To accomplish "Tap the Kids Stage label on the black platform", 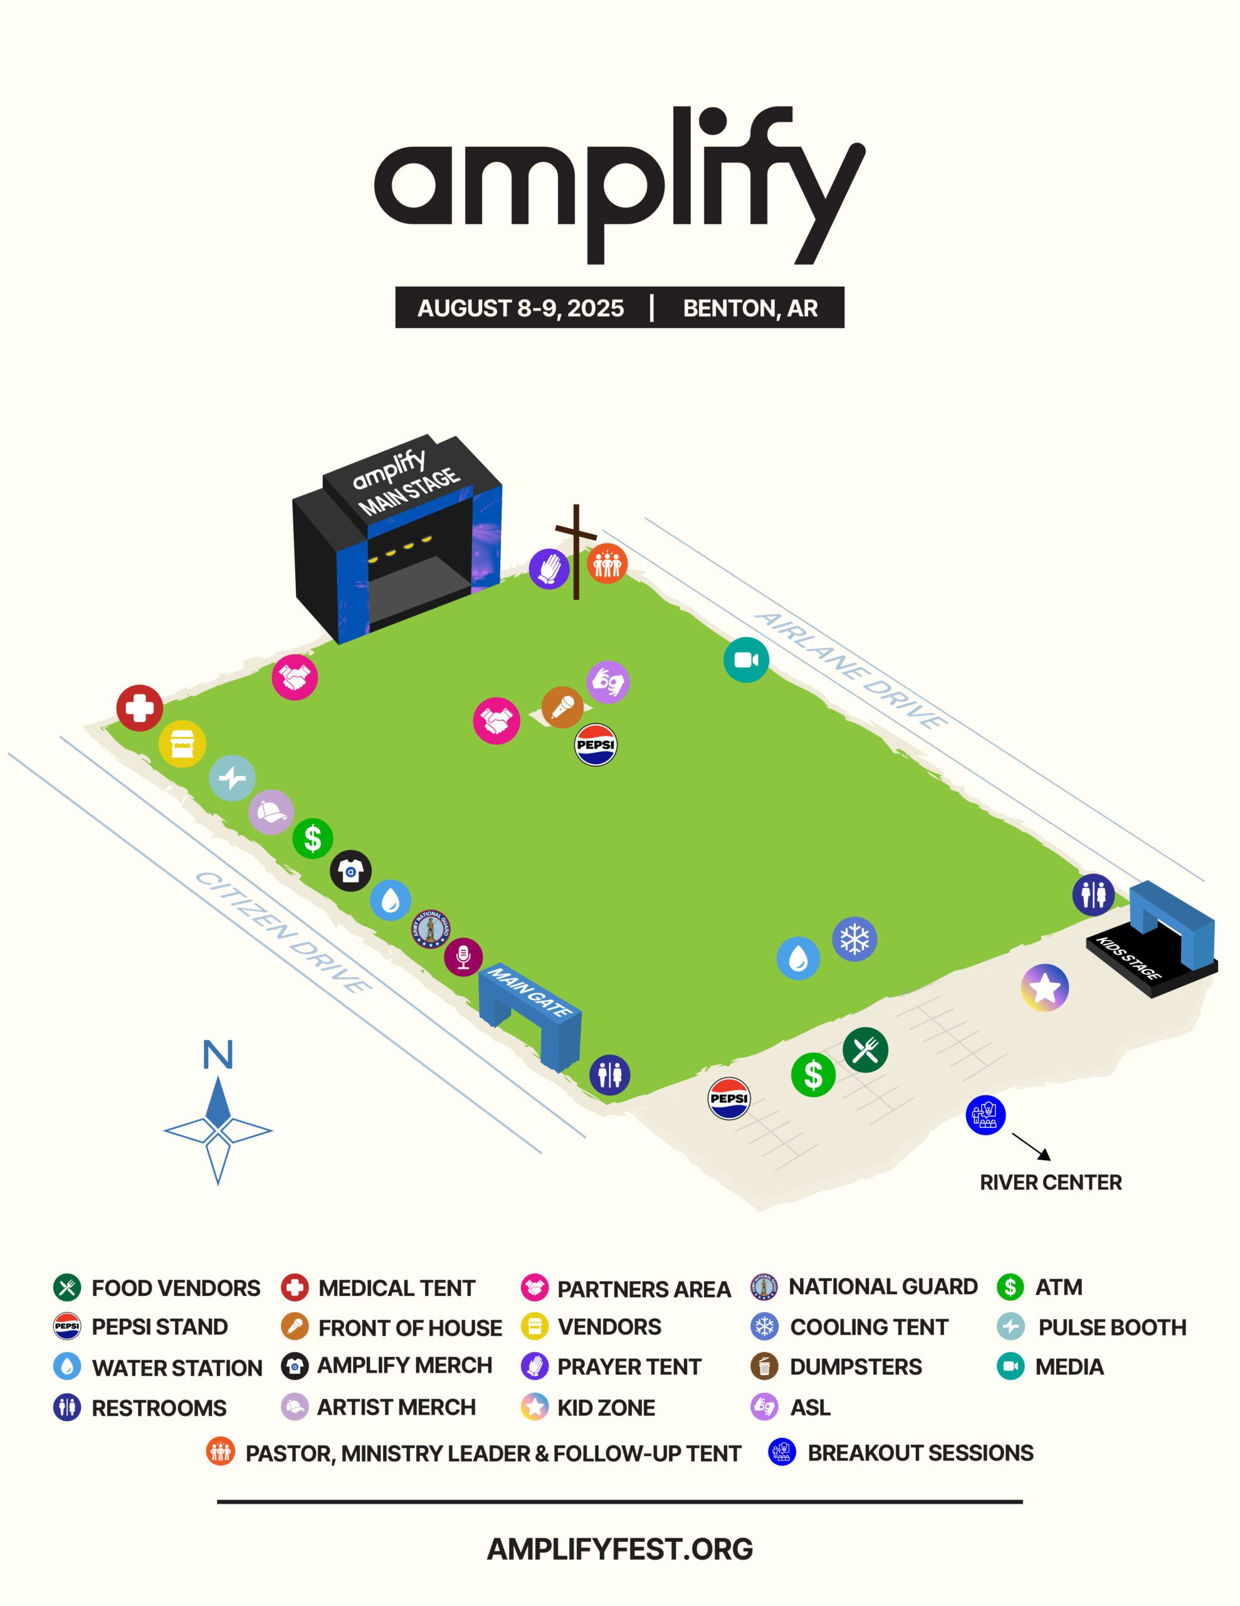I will point(1128,958).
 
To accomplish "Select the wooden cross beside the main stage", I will point(576,551).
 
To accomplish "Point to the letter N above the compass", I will point(218,1055).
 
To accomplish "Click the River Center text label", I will point(1050,1183).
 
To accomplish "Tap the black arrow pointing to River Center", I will point(1031,1146).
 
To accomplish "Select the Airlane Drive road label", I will point(851,670).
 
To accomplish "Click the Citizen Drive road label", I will point(283,931).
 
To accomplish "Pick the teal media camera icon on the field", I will point(746,659).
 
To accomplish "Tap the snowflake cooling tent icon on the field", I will point(854,939).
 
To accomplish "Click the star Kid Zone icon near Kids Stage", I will point(1044,987).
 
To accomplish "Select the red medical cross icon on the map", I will point(140,708).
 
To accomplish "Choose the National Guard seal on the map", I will point(430,930).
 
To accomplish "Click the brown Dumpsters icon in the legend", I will point(764,1366).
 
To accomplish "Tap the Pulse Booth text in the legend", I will point(1112,1327).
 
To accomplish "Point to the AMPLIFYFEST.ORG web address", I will point(619,1549).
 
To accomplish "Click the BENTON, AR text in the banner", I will point(750,308).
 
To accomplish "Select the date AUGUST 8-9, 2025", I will point(520,308).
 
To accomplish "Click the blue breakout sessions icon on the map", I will point(985,1115).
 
